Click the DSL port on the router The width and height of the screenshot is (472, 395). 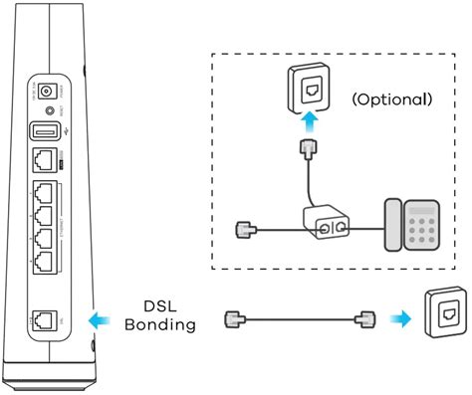point(43,319)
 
